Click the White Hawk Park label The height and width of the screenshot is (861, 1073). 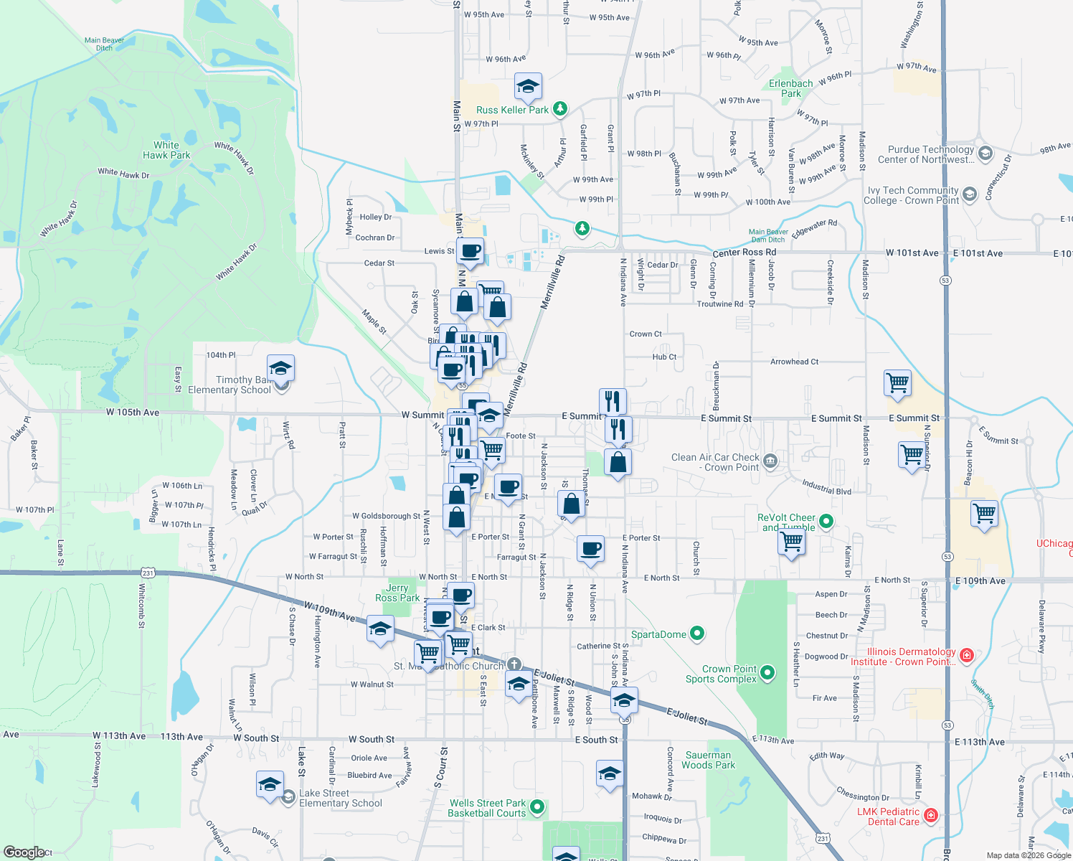166,150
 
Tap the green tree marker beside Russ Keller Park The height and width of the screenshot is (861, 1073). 560,109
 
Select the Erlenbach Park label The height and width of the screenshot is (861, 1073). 791,88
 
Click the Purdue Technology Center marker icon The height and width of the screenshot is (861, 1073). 985,154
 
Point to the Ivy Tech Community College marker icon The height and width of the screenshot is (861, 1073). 970,194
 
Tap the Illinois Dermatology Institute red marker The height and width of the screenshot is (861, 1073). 967,656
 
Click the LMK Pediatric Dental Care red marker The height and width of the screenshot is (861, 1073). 931,816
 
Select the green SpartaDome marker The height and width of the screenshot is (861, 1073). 697,634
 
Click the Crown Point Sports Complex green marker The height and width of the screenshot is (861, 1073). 767,673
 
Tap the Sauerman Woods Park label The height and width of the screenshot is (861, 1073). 708,760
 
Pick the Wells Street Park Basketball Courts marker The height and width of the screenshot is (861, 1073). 537,807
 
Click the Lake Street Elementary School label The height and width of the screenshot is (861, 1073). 341,798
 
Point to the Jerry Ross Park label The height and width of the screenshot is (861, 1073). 397,593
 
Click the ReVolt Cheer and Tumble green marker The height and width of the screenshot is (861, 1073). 826,522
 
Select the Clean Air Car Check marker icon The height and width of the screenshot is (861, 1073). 770,461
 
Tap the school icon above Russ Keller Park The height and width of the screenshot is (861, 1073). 528,87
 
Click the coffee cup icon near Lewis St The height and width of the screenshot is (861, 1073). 470,251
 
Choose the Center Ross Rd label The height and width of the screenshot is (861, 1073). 744,253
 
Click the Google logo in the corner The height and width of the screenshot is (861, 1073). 24,852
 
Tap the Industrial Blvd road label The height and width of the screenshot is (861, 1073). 826,487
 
